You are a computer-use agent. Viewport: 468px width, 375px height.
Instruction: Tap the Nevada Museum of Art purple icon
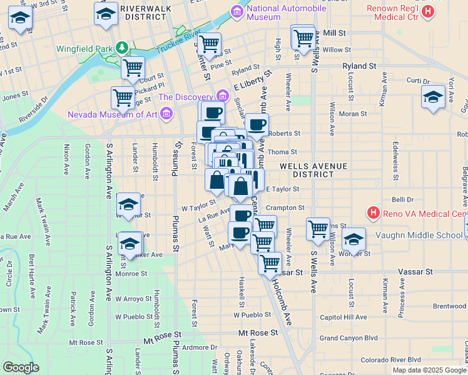point(166,114)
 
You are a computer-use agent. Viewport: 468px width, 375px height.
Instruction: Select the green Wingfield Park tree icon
point(125,47)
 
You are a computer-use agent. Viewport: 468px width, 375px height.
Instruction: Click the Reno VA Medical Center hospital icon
point(374,214)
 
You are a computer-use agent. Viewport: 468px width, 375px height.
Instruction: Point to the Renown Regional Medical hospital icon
point(427,12)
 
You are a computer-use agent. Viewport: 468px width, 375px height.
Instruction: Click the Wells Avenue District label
point(307,170)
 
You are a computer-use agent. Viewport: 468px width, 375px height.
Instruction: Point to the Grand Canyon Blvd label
point(348,338)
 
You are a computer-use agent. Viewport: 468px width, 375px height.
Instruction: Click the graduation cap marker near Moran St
point(433,97)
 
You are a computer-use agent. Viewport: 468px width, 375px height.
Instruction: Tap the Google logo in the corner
point(21,367)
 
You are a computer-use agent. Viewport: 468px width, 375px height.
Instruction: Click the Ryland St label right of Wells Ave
point(359,65)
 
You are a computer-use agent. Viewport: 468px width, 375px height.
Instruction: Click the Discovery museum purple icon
point(222,96)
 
